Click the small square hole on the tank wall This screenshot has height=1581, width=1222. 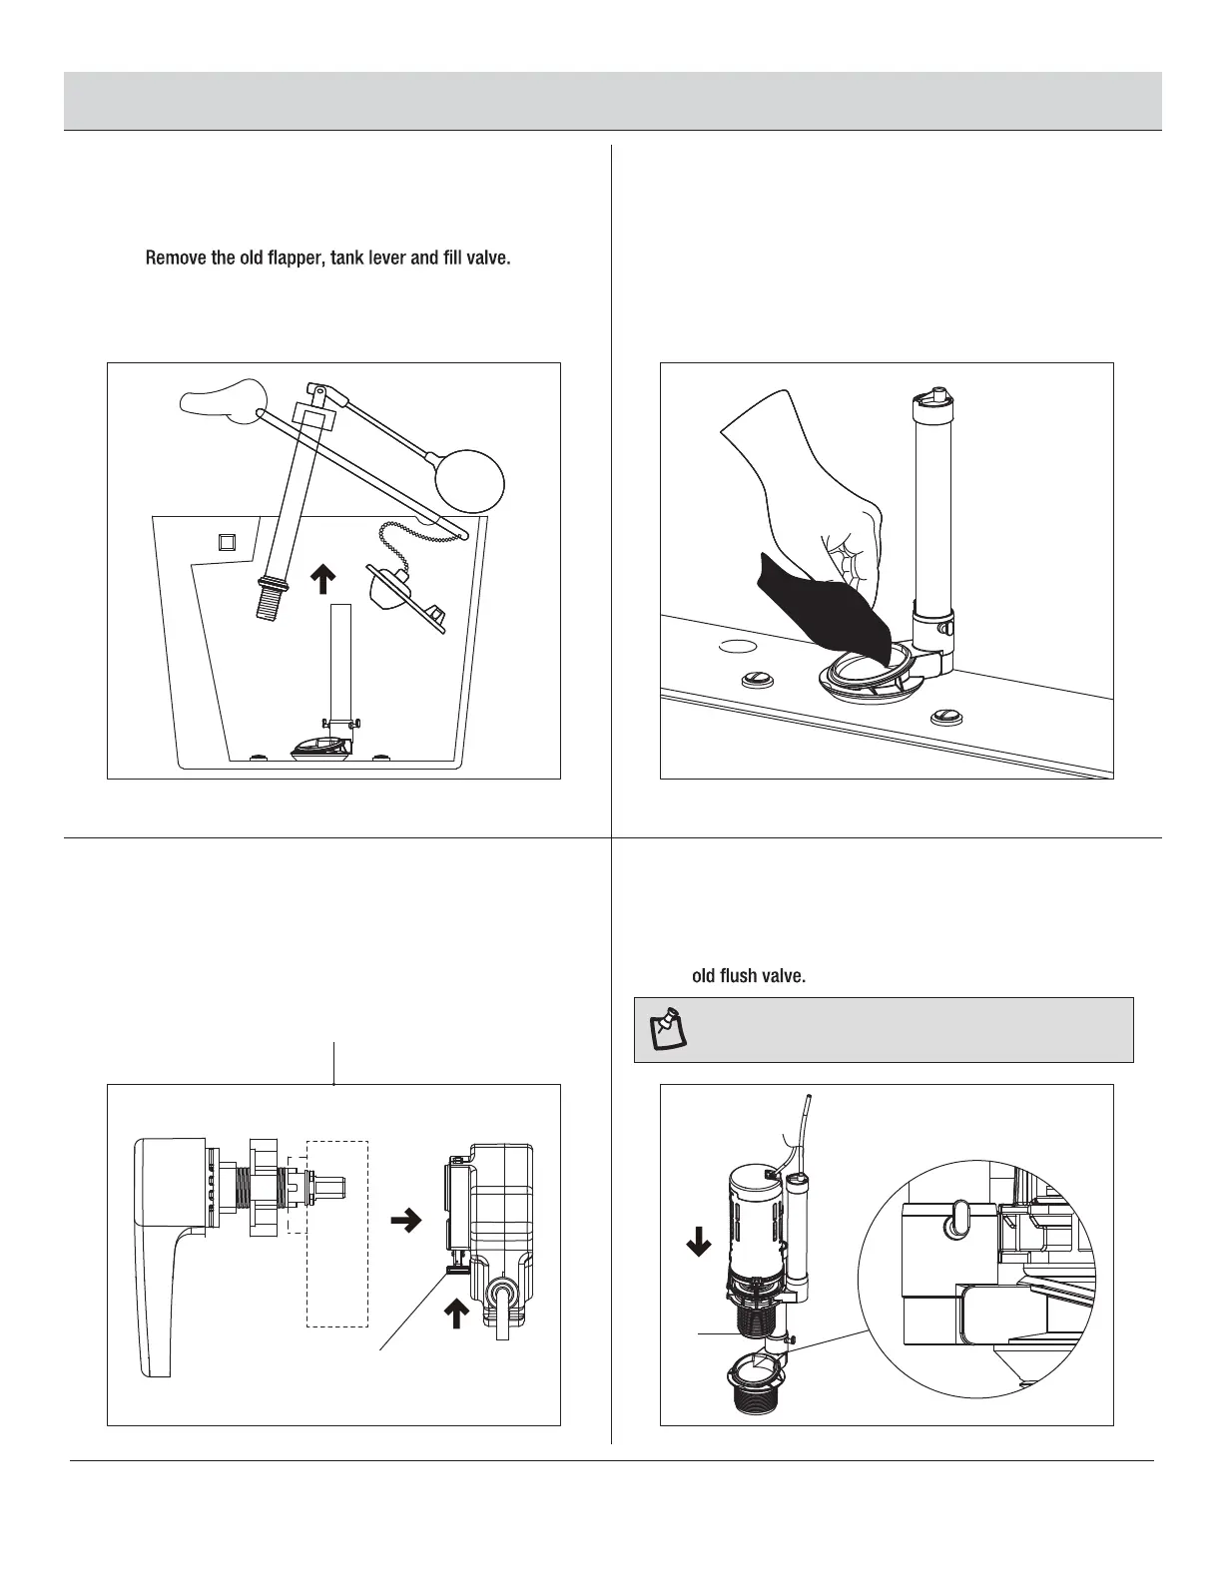tap(227, 542)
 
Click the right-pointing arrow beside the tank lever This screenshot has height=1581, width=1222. tap(404, 1221)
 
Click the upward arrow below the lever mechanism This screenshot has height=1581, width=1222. tap(455, 1317)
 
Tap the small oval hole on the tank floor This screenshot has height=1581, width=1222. tap(738, 646)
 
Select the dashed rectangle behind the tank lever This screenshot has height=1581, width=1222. tap(337, 1234)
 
